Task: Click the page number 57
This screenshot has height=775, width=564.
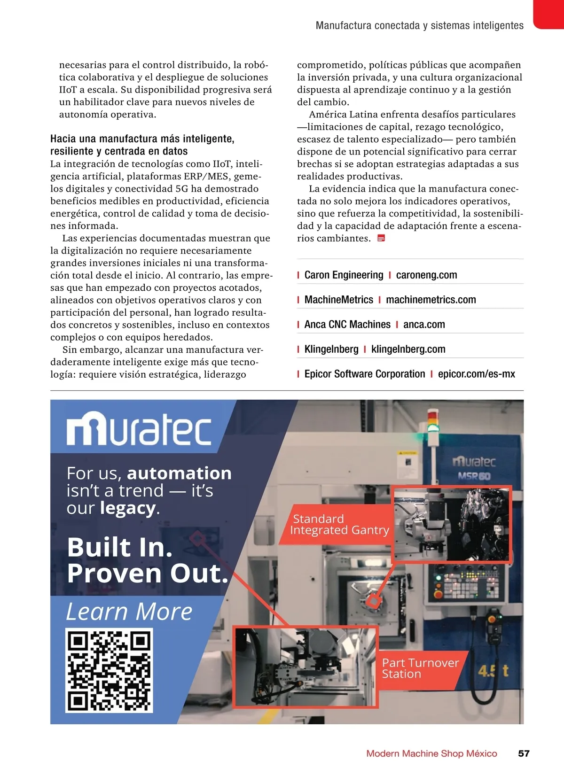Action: (524, 753)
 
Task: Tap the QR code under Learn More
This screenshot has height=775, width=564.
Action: (109, 671)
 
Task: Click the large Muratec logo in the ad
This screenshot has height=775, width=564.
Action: (139, 428)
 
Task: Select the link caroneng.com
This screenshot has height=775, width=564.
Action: (426, 275)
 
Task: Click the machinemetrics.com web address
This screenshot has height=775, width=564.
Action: (431, 300)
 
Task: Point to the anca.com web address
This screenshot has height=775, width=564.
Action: (424, 325)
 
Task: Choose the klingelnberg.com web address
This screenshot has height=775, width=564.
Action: (408, 349)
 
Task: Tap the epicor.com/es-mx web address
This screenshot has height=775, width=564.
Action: (476, 374)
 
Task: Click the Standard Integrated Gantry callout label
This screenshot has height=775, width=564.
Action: (339, 525)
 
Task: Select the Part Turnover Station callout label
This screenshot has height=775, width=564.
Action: (420, 668)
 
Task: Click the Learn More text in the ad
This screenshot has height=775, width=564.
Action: (129, 612)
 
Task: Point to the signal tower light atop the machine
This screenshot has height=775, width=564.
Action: (432, 420)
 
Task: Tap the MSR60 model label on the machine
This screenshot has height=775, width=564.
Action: (474, 476)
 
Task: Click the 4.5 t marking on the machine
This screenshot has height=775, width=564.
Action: (493, 670)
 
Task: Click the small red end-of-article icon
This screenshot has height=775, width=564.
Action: (381, 238)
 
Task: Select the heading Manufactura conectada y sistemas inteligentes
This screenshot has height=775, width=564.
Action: (419, 25)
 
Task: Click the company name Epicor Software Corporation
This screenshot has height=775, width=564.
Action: (364, 374)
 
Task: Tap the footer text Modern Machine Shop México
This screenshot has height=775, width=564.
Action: (431, 753)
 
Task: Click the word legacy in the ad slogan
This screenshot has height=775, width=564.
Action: (128, 508)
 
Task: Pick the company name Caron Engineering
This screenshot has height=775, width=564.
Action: (344, 275)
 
